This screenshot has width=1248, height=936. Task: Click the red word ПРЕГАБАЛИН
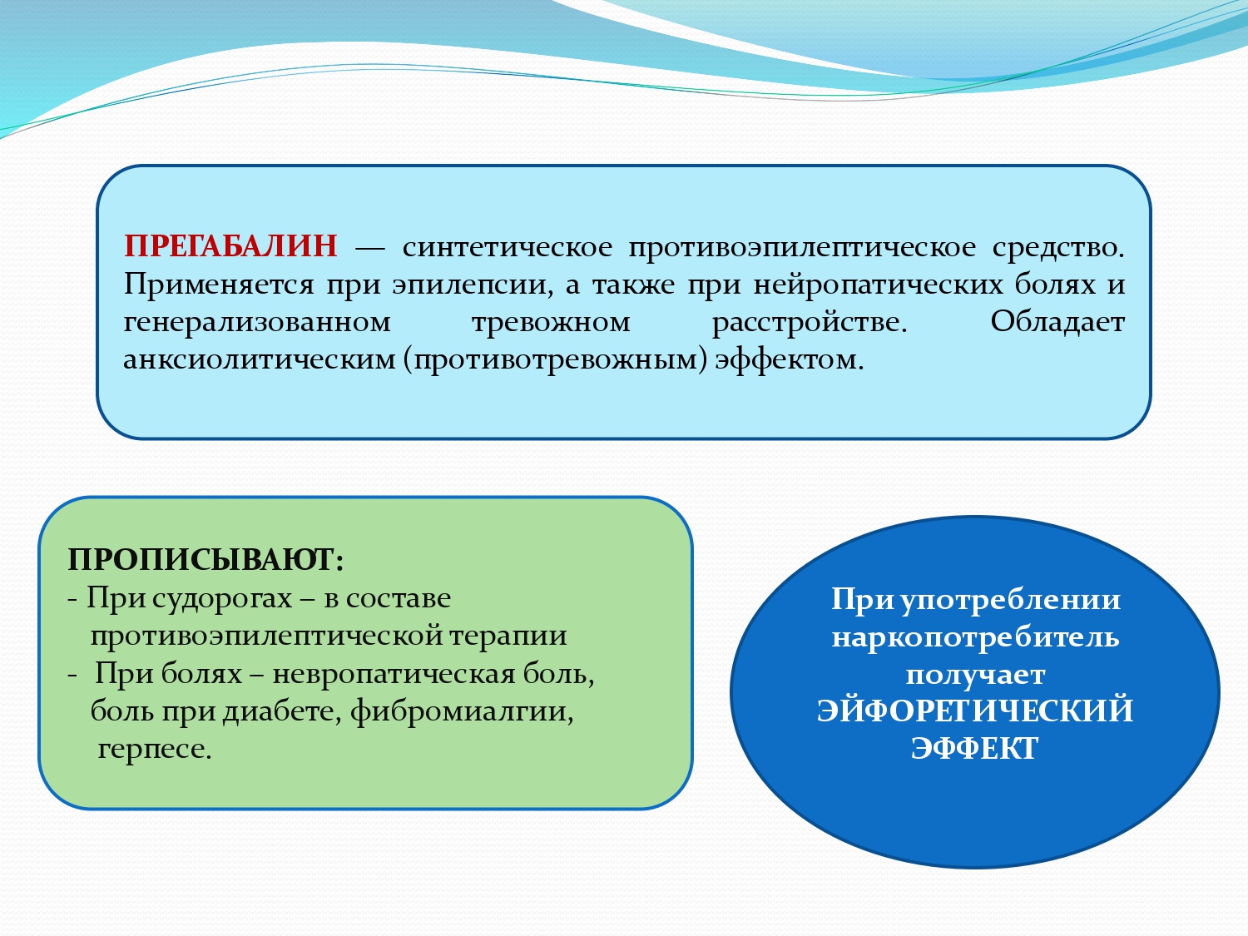point(230,246)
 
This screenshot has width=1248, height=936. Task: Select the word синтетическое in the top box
point(508,247)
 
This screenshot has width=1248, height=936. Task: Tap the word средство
point(1058,247)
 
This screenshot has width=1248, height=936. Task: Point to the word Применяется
point(219,285)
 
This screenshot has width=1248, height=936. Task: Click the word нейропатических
point(879,285)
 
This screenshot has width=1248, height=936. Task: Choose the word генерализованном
point(257,322)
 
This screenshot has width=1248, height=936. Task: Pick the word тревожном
point(551,322)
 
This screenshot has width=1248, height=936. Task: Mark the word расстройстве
point(810,322)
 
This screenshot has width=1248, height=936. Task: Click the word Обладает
point(1057,322)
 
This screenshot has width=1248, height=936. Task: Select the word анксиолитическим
point(260,359)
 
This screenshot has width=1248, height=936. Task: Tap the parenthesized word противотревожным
point(555,360)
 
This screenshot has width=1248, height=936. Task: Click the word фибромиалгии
point(462,711)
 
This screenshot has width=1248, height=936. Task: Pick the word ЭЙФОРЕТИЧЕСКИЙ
point(975,711)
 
